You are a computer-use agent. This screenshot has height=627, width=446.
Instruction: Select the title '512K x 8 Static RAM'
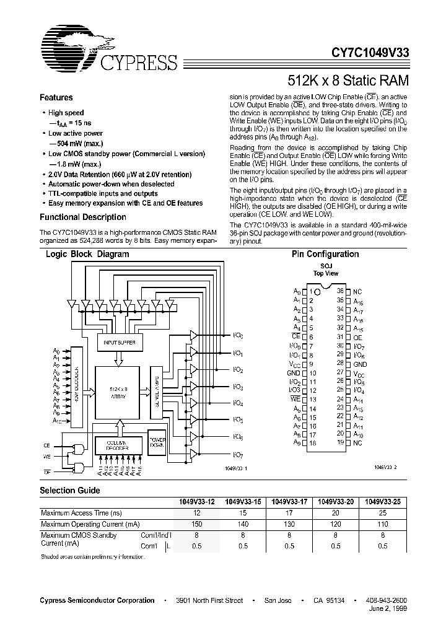tap(348, 81)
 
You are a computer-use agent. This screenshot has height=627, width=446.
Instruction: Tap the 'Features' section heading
tap(56, 98)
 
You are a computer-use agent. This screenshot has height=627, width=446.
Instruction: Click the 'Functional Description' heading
tap(83, 217)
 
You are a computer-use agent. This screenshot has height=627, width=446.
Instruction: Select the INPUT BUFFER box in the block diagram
tap(119, 342)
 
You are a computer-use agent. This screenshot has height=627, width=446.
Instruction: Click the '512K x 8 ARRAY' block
tap(118, 392)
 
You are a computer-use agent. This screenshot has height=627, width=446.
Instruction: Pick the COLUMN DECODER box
tap(119, 444)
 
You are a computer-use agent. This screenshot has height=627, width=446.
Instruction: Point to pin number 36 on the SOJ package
tap(340, 291)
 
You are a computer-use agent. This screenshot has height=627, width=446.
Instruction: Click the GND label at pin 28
tap(360, 364)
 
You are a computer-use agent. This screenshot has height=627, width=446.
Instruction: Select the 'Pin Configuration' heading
tap(325, 254)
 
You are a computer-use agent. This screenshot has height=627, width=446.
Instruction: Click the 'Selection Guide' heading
tap(69, 490)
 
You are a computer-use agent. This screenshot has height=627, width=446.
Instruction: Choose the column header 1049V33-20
tap(335, 502)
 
